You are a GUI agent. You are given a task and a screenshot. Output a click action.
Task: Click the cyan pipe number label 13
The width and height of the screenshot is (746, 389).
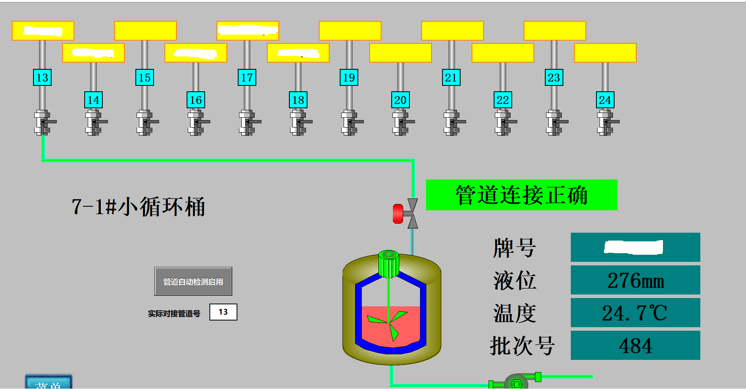[x=42, y=78]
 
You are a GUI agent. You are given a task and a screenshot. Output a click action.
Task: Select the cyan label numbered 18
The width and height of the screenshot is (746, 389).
[x=298, y=100]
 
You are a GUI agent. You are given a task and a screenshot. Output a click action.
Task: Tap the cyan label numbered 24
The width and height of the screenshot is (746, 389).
[x=605, y=100]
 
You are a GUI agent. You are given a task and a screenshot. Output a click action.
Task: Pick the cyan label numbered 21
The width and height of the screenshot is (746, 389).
[x=451, y=78]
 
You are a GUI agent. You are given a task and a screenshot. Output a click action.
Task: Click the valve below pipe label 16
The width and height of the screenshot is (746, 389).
[x=197, y=122]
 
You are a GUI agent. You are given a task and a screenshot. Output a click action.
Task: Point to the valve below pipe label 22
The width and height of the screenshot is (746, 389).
[x=504, y=122]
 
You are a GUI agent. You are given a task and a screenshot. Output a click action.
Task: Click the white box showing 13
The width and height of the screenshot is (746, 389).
[x=223, y=312]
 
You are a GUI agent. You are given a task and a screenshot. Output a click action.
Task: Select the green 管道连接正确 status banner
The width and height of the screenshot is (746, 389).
[x=522, y=195]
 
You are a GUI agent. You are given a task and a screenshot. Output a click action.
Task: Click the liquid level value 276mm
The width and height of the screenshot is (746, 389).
[x=635, y=280]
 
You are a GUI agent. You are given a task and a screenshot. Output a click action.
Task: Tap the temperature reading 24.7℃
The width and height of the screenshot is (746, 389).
[x=635, y=313]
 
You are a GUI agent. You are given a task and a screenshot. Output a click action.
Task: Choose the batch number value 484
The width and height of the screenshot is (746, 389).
[x=635, y=345]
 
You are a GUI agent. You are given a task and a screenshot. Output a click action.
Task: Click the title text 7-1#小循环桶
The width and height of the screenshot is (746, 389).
[x=138, y=207]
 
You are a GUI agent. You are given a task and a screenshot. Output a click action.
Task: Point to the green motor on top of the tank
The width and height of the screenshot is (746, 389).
[x=389, y=264]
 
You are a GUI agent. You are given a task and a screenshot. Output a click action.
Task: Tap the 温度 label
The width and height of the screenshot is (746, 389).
[x=515, y=313]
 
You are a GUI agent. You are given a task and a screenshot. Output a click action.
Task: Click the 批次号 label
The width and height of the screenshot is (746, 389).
[x=522, y=346]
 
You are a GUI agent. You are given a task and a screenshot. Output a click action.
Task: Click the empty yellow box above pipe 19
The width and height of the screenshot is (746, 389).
[x=350, y=31]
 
